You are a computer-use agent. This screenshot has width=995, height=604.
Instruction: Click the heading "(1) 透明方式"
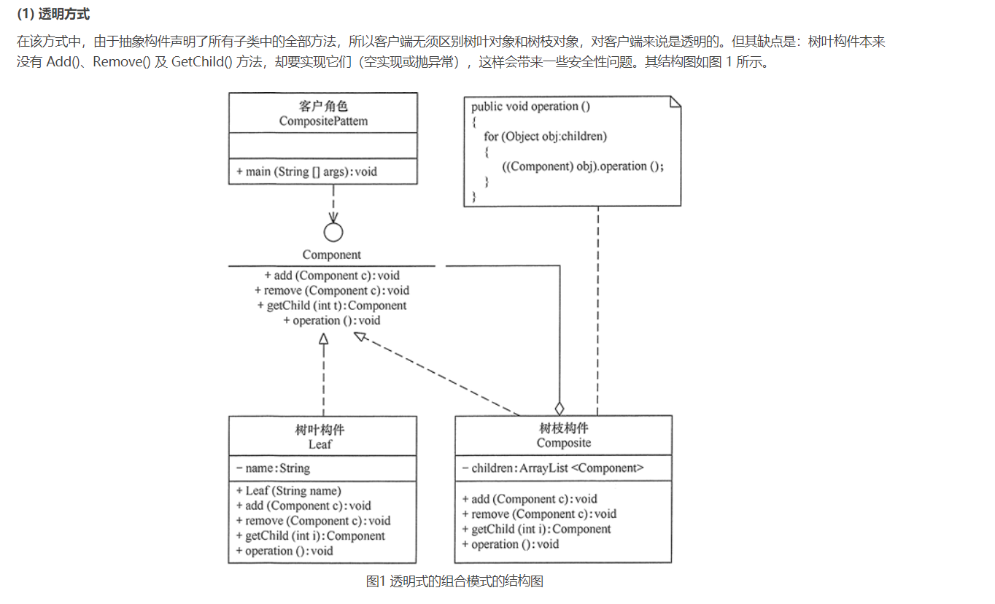click(x=53, y=15)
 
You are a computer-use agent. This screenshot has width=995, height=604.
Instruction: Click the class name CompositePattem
click(x=323, y=121)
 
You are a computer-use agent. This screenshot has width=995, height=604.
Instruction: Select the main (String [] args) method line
click(x=306, y=171)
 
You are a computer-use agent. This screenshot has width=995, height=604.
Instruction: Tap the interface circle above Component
click(x=333, y=232)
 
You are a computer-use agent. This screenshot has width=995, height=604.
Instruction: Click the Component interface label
click(x=332, y=255)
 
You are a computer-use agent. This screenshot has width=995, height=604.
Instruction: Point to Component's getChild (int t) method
click(x=332, y=306)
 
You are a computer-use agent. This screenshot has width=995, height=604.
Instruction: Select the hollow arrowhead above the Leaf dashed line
click(x=323, y=338)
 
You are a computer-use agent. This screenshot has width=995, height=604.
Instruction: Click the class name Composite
click(x=564, y=443)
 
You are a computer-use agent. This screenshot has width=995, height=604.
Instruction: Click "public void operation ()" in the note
click(x=531, y=107)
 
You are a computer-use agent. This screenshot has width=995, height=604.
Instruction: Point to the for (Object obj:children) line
click(x=545, y=136)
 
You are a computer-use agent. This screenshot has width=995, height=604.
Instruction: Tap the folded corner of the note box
click(x=675, y=101)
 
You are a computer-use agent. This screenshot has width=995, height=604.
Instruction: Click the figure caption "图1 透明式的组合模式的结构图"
click(x=454, y=581)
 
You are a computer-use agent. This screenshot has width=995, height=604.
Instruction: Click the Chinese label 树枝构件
click(x=564, y=428)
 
